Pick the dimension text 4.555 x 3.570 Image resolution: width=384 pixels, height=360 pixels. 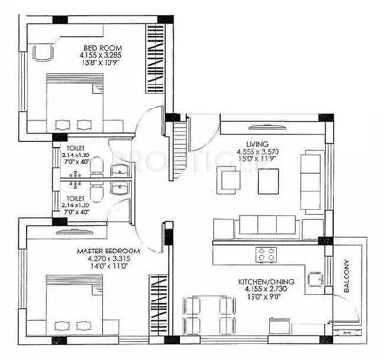click(257, 150)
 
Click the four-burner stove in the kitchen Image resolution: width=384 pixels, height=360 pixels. click(265, 253)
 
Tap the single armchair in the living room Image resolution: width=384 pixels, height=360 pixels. click(227, 180)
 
